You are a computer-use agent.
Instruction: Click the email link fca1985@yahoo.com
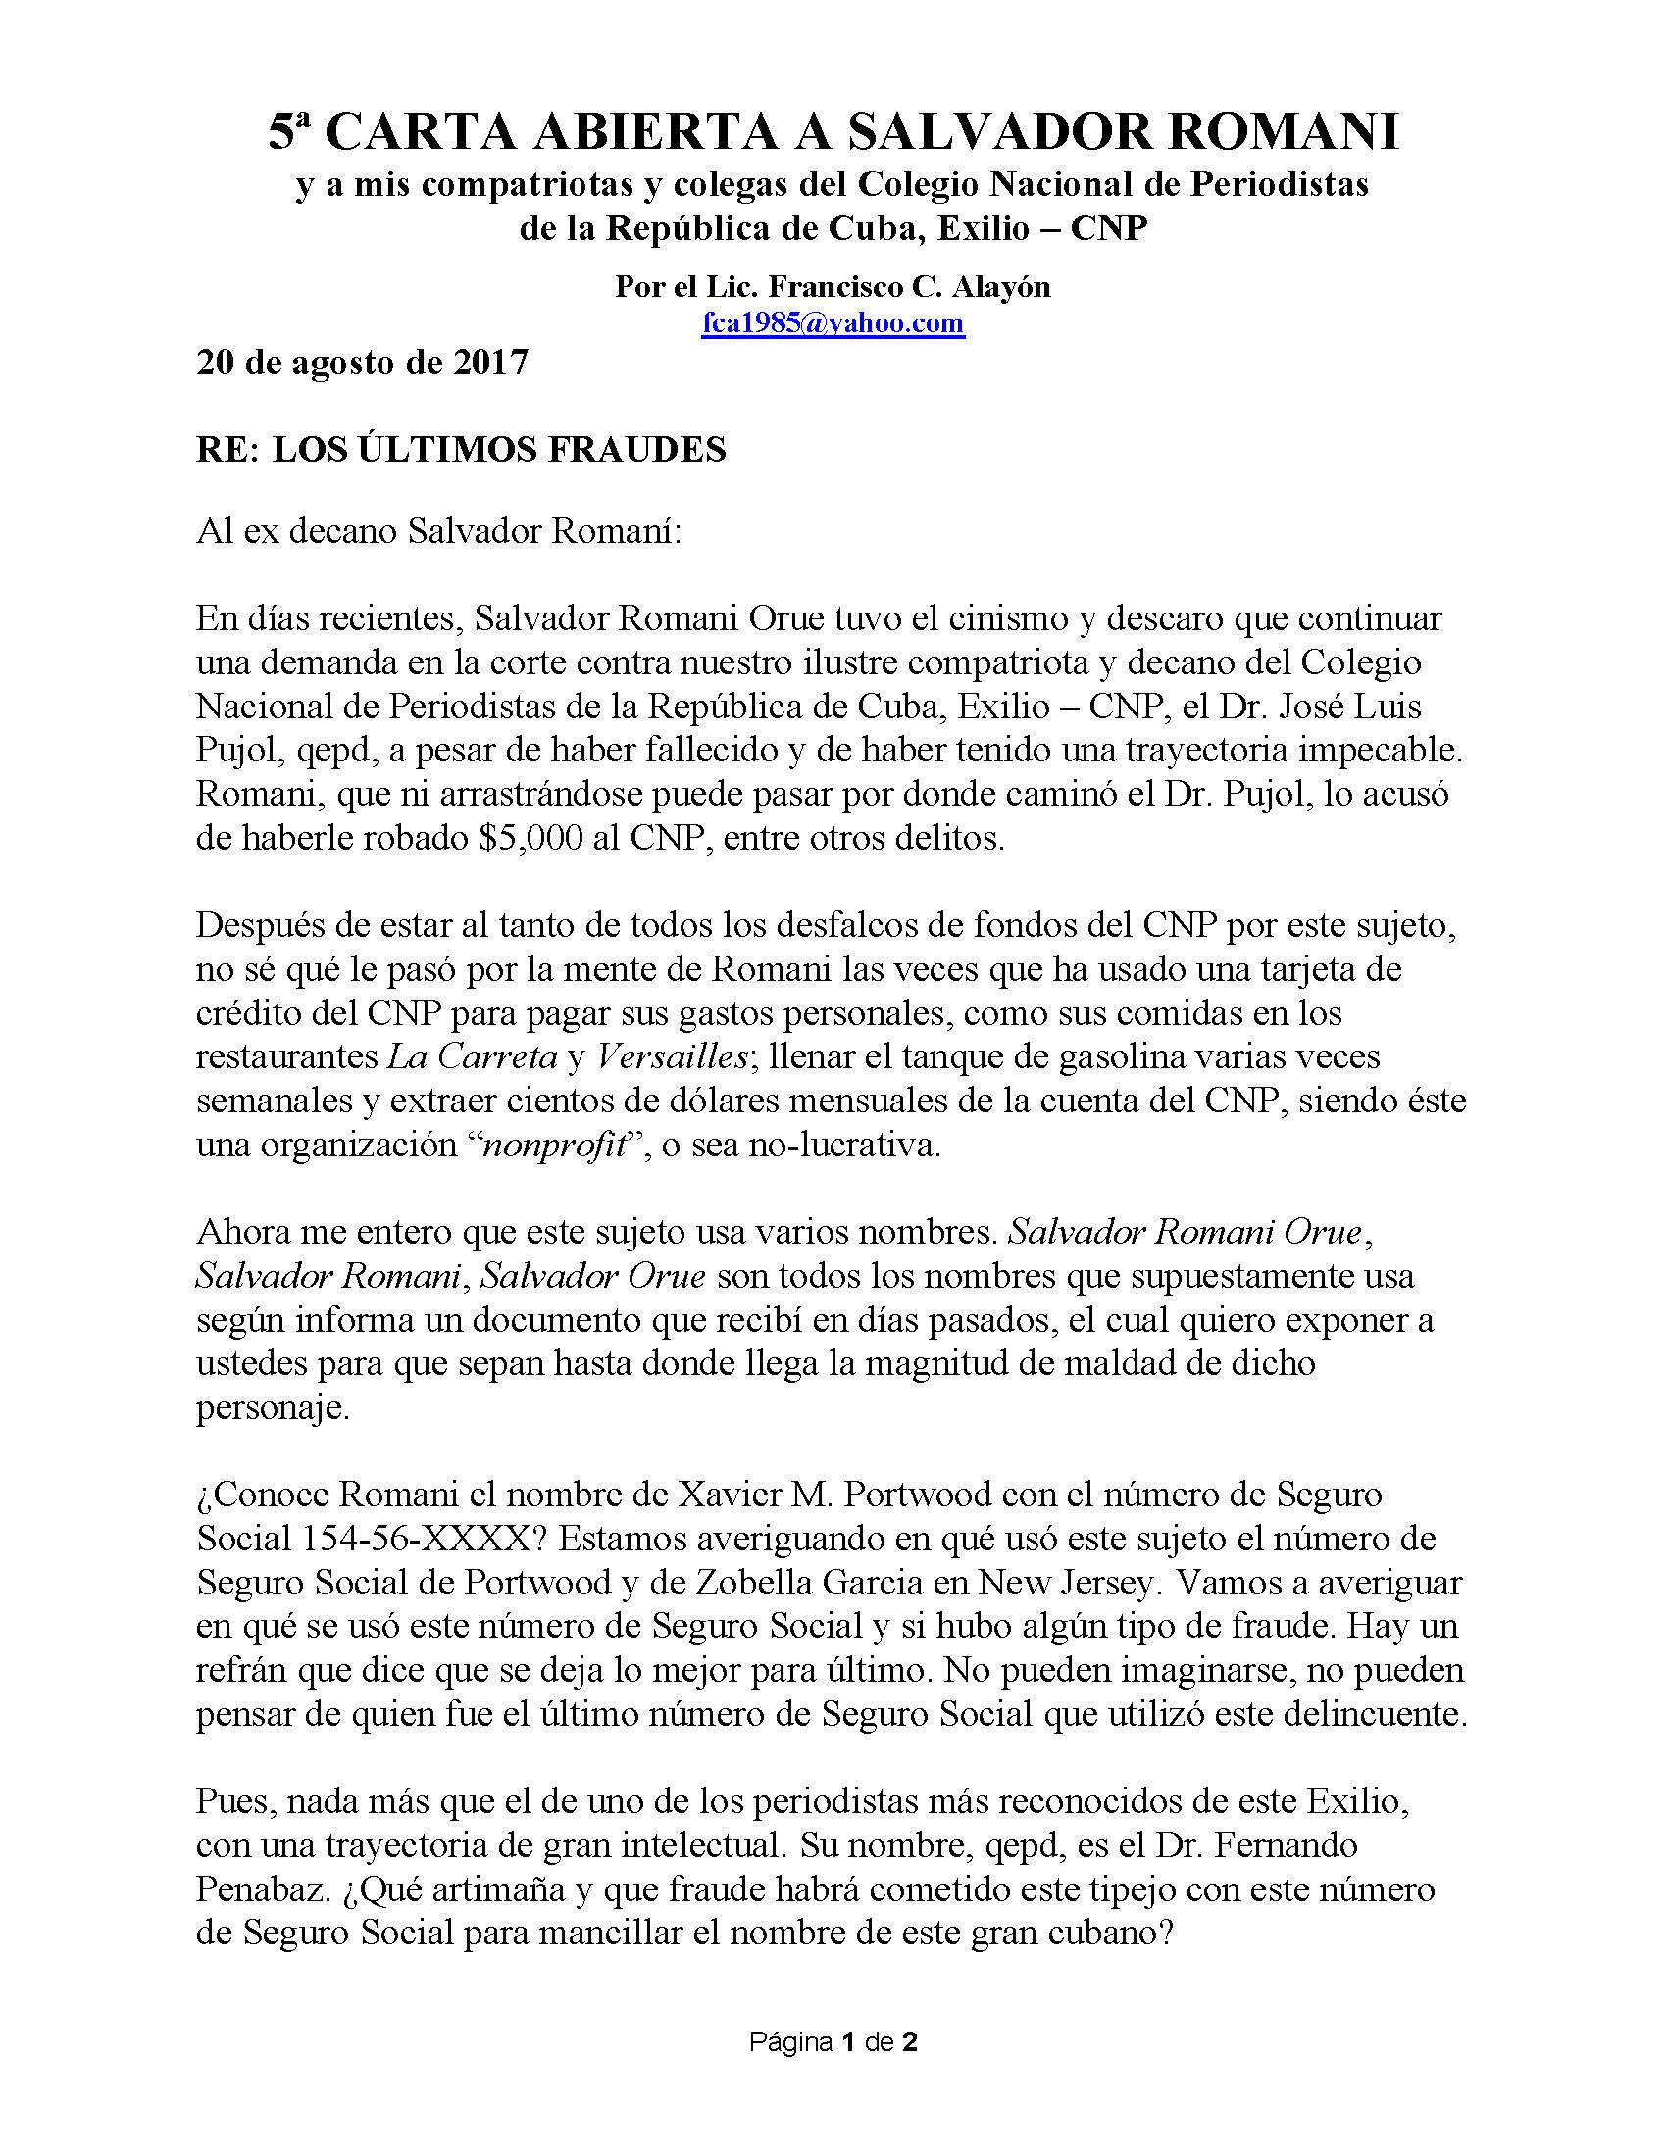point(833,322)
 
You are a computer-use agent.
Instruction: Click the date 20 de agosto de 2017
point(363,363)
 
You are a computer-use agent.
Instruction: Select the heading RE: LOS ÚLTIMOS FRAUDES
point(461,450)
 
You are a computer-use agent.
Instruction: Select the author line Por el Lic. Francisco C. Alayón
point(833,286)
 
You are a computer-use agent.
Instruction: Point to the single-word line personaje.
point(272,1406)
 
